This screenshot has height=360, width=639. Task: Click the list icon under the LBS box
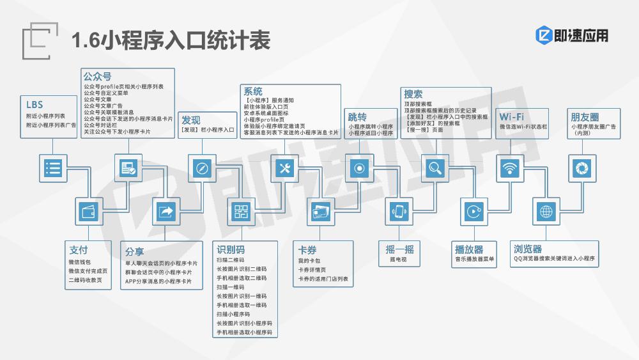point(53,168)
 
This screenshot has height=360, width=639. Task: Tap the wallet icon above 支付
point(89,212)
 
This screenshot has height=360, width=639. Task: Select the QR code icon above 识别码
point(242,212)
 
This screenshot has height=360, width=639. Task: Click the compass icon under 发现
point(202,168)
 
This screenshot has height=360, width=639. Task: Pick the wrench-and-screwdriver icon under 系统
point(284,168)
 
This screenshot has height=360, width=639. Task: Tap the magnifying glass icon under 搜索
point(435,168)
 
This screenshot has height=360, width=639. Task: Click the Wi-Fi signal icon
point(510,168)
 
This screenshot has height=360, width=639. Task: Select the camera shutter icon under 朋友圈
point(582,168)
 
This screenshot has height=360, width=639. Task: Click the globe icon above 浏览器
point(546,212)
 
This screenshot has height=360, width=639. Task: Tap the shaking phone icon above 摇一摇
point(399,212)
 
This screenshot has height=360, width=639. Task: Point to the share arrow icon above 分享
point(166,212)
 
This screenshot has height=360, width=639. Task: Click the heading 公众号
point(97,76)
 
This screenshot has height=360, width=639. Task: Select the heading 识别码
point(231,249)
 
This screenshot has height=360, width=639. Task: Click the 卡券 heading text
point(307,250)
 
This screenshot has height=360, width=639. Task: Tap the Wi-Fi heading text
point(511,116)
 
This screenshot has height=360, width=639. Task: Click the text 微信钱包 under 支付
point(80,262)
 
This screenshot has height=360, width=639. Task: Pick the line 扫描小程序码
point(233,315)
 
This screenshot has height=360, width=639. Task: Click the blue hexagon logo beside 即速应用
point(544,35)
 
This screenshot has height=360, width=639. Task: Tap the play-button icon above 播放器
point(473,212)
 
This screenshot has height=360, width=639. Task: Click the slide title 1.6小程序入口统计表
point(171,40)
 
